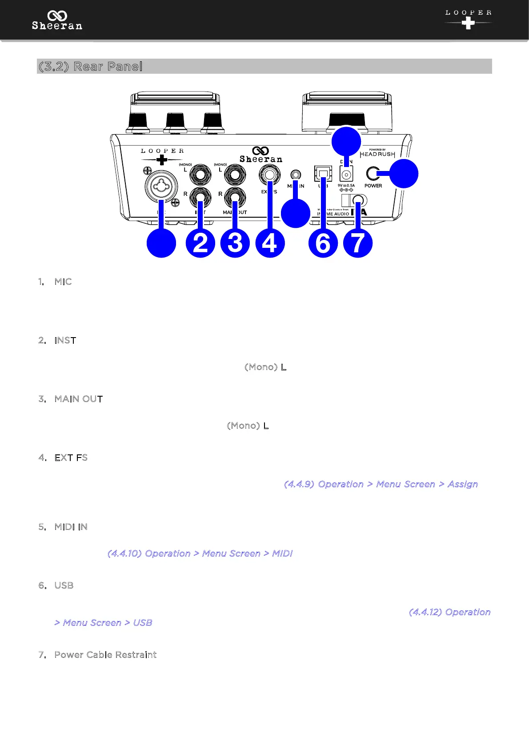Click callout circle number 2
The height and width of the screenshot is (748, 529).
(x=200, y=243)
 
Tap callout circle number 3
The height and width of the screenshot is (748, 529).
(x=235, y=243)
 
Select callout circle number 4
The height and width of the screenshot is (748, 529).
(x=270, y=243)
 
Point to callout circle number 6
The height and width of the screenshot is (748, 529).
(x=323, y=243)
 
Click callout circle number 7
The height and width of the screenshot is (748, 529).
(x=358, y=243)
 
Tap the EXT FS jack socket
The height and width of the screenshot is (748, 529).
(x=269, y=175)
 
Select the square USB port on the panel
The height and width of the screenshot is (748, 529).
(x=323, y=173)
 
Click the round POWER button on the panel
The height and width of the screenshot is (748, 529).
(x=373, y=174)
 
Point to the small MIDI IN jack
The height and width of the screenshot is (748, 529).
(x=295, y=175)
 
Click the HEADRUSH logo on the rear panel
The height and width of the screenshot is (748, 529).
(x=377, y=154)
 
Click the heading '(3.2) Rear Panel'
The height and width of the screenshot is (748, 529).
(x=90, y=66)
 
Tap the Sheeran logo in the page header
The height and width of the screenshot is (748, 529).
(x=57, y=20)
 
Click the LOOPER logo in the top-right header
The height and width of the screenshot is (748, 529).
(x=468, y=19)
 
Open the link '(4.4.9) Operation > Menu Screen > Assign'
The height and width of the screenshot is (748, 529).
(x=381, y=484)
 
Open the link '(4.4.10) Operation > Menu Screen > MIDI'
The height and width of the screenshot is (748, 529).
(x=200, y=553)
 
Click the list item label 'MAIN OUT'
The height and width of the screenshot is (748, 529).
(x=79, y=399)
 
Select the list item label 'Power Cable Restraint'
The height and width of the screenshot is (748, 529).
(x=105, y=655)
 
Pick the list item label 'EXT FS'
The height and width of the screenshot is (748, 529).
(x=71, y=458)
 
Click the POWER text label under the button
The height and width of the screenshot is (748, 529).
(x=373, y=186)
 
